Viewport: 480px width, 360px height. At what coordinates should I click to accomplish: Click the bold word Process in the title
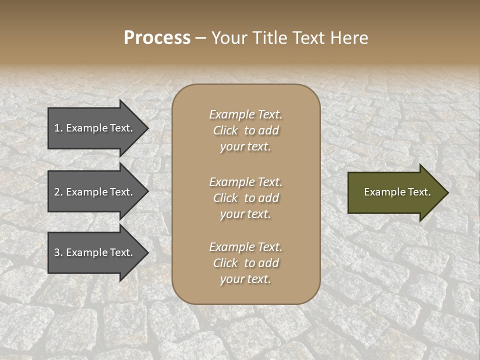click(x=157, y=38)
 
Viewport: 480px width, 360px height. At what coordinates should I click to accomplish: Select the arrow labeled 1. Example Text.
click(x=94, y=128)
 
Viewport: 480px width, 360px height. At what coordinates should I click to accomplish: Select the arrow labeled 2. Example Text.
click(x=94, y=192)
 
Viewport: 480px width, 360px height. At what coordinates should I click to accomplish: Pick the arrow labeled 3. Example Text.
click(x=94, y=252)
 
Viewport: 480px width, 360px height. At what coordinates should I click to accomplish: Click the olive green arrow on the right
click(x=395, y=192)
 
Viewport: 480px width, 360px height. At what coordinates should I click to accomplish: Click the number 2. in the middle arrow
click(x=58, y=192)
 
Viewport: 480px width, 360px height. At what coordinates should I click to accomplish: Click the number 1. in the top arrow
click(x=58, y=128)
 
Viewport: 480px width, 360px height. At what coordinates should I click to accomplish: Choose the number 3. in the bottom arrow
click(x=58, y=252)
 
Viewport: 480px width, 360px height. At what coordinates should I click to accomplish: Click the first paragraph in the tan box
click(x=245, y=130)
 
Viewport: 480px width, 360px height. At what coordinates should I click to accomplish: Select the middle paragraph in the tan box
click(x=245, y=198)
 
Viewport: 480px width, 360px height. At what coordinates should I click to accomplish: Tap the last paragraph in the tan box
click(x=245, y=263)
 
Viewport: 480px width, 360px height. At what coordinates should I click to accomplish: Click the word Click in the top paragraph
click(x=225, y=130)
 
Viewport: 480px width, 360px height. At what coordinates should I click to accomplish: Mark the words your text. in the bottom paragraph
click(x=245, y=279)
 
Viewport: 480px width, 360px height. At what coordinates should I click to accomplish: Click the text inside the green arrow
click(x=397, y=192)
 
